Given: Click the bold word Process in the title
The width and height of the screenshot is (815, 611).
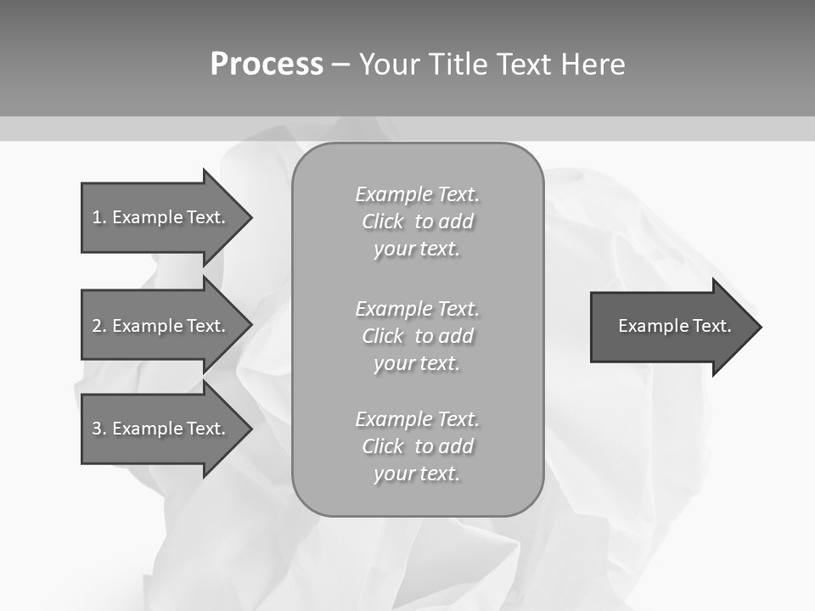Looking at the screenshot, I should pos(267,64).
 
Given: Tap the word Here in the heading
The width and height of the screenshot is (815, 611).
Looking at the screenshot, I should pos(593,64).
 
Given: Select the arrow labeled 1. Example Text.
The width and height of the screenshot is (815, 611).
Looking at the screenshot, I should pos(158,217).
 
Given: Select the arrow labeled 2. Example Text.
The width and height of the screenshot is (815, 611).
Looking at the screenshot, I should pos(158,326).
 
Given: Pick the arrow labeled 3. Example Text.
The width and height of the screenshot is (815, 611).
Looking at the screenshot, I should pos(158,429).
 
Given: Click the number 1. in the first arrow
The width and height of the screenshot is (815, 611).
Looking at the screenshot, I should pos(98,217).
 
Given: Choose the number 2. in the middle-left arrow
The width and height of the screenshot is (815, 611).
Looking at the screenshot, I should pos(98,326).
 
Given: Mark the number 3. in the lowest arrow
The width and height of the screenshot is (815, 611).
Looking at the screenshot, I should pos(98,429).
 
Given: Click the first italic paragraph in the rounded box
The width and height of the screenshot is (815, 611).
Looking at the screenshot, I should pos(417,221).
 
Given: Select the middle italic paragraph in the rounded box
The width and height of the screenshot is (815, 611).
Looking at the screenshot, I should pos(417,336).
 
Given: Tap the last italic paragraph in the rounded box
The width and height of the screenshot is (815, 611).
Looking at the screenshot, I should pos(417,446).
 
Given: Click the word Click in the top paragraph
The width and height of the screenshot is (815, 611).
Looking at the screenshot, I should pos(383,222).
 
